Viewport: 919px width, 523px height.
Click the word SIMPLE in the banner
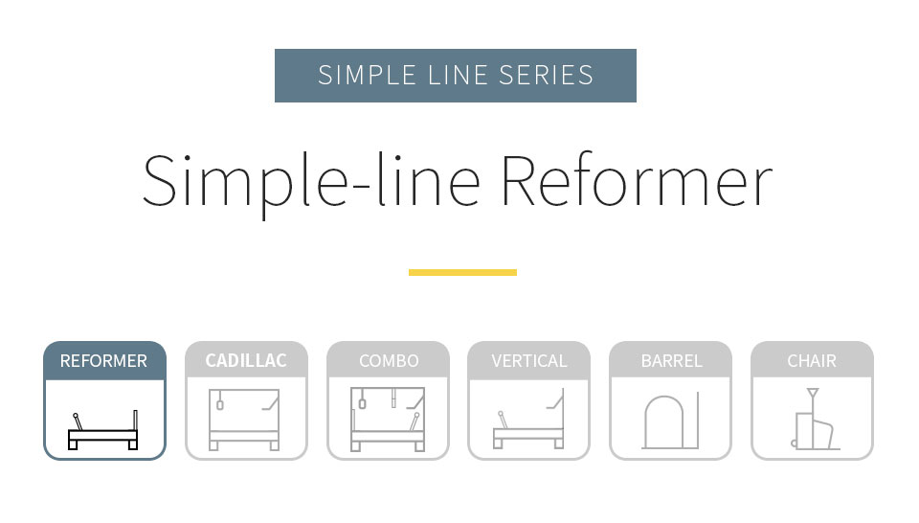pyautogui.click(x=367, y=75)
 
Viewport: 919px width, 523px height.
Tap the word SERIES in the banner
pyautogui.click(x=547, y=75)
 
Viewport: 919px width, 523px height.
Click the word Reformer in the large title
pyautogui.click(x=637, y=181)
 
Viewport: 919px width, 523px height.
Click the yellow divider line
pyautogui.click(x=462, y=272)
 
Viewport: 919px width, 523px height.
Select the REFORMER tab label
pyautogui.click(x=103, y=360)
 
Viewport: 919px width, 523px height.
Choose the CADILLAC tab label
pyautogui.click(x=246, y=360)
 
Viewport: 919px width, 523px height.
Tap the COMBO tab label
pyautogui.click(x=389, y=360)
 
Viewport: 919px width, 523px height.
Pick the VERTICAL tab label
pyautogui.click(x=529, y=360)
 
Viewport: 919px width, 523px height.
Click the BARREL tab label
pyautogui.click(x=671, y=360)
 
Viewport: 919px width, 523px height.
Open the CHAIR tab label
pyautogui.click(x=812, y=360)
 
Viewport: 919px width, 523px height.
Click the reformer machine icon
pyautogui.click(x=103, y=430)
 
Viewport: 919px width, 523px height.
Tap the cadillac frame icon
pyautogui.click(x=244, y=420)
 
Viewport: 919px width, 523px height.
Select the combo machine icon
pyautogui.click(x=388, y=420)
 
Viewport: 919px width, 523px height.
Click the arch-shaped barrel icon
pyautogui.click(x=664, y=422)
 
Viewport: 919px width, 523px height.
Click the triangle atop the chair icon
pyautogui.click(x=813, y=393)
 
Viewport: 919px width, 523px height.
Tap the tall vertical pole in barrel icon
pyautogui.click(x=698, y=421)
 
